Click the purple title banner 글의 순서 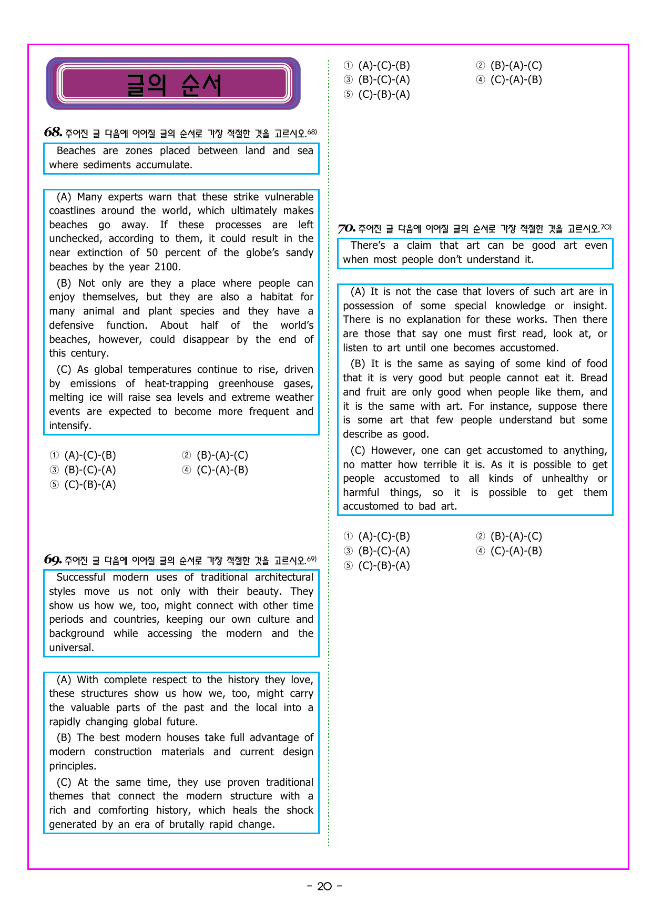(x=173, y=84)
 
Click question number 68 (x=53, y=132)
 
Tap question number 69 (x=53, y=560)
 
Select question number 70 (x=347, y=228)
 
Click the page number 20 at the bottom (x=324, y=886)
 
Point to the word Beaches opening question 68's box (x=76, y=151)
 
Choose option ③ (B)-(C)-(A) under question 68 (x=83, y=470)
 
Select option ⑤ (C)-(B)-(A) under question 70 (x=377, y=566)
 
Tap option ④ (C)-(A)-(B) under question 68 (x=215, y=470)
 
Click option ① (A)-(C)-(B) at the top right (x=377, y=66)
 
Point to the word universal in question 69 (x=71, y=648)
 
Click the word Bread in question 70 (x=594, y=378)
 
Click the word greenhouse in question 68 (x=246, y=384)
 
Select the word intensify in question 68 (x=69, y=426)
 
